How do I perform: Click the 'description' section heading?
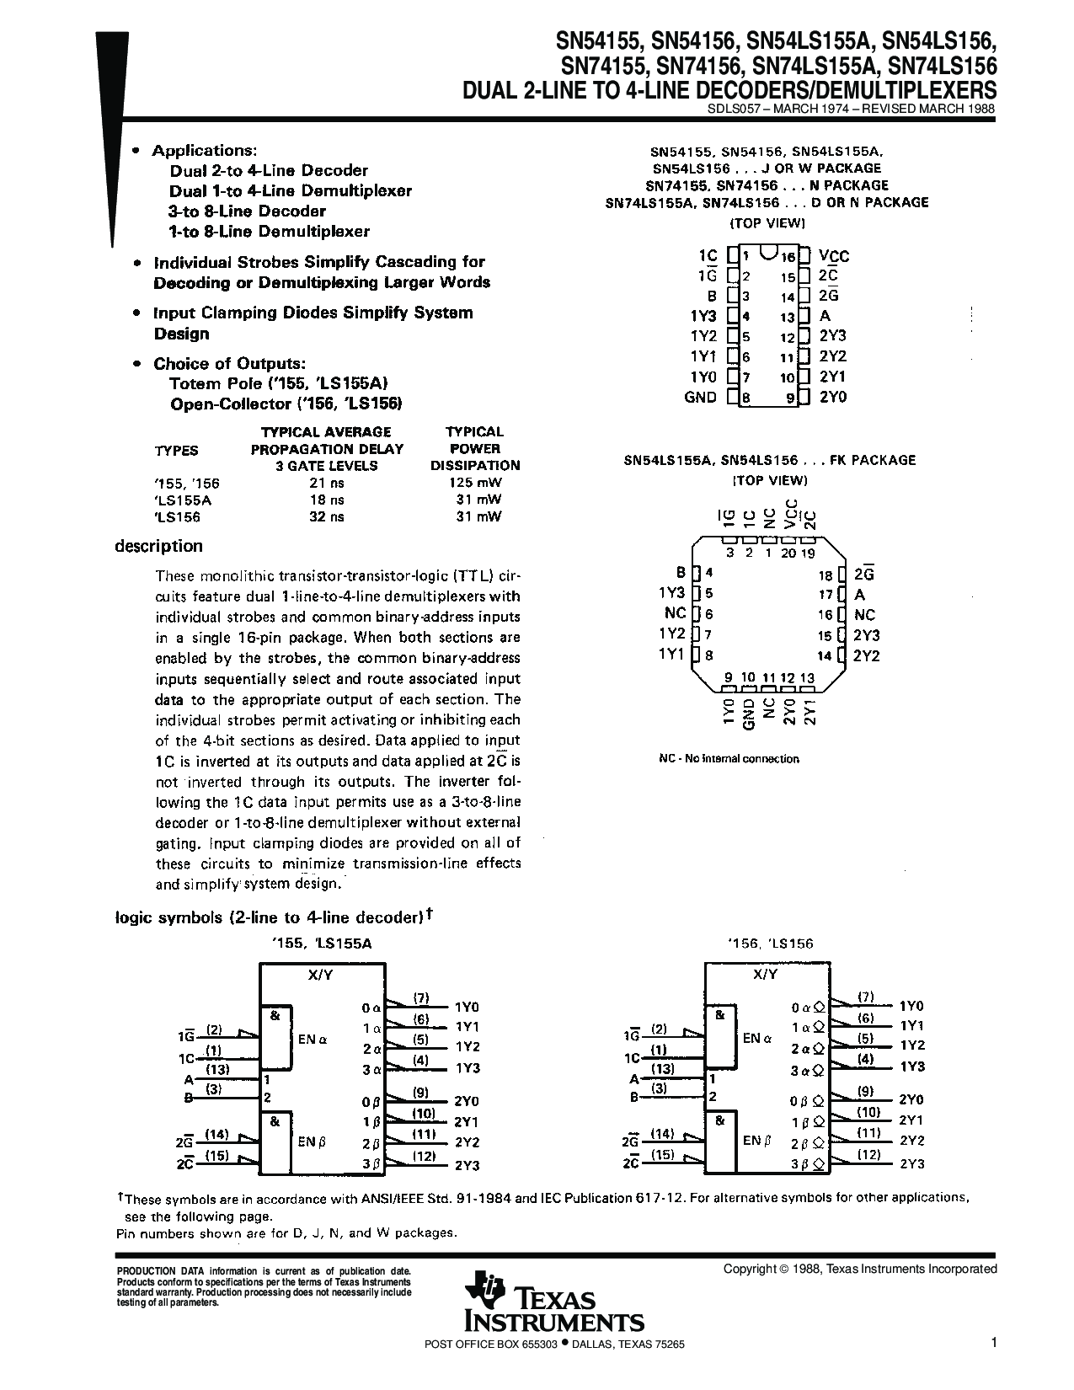pos(158,546)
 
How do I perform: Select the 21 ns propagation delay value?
pos(326,484)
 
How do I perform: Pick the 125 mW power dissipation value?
pos(475,484)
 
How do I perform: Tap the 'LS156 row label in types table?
pos(177,517)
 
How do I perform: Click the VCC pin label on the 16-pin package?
pos(834,256)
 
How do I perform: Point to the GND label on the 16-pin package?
pos(701,397)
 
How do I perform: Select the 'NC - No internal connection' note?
pos(729,758)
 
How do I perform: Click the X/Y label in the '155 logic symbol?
pos(321,975)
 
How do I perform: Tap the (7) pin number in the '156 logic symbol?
pos(865,997)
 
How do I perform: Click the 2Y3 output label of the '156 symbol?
pos(911,1163)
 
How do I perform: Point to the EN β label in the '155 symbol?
pos(312,1142)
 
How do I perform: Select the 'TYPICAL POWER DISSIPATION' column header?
pos(475,448)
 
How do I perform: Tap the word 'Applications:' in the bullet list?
pos(204,151)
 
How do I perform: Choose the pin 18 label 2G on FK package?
pos(863,575)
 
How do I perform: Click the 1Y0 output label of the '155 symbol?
pos(467,1007)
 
